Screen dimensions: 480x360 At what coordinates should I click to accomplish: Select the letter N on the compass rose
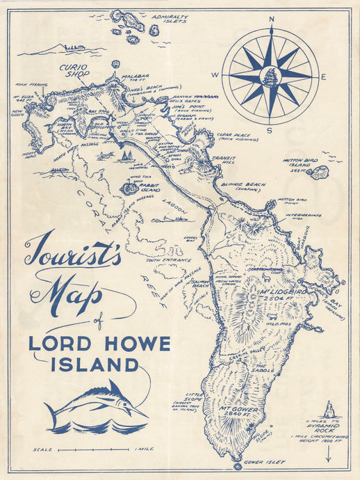tap(271, 19)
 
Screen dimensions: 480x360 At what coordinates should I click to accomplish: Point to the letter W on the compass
tap(215, 76)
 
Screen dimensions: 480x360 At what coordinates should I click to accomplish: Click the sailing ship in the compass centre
tap(271, 75)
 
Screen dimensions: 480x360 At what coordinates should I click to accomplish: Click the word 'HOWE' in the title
tap(140, 344)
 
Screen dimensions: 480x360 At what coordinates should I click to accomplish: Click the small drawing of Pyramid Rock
tap(329, 410)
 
